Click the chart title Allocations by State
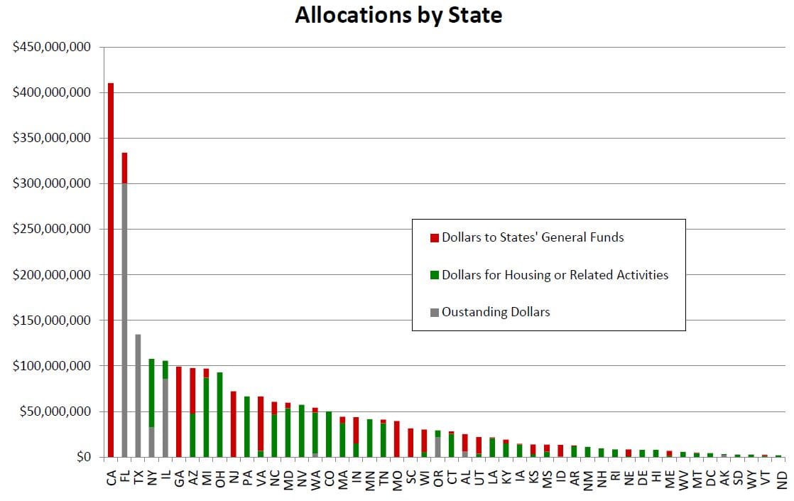398,16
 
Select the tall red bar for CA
111,270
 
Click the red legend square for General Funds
435,237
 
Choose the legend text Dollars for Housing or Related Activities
555,274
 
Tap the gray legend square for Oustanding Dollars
435,312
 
